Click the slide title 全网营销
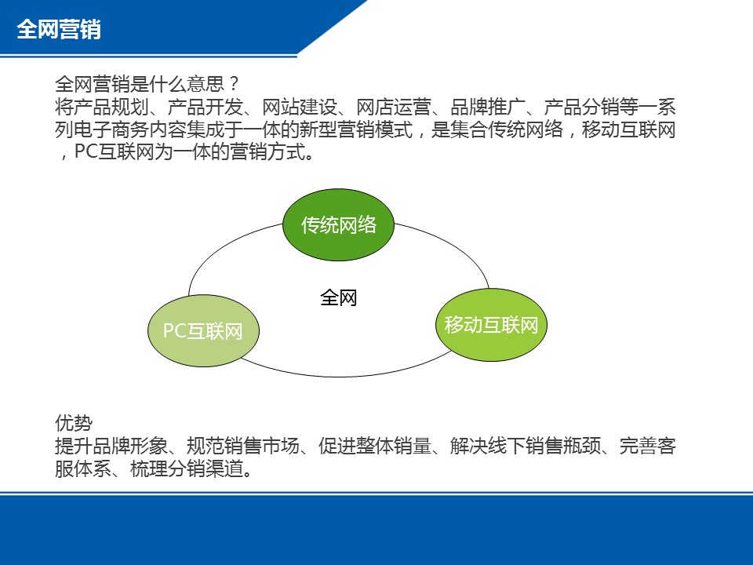(x=59, y=29)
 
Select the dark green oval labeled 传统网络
(x=339, y=225)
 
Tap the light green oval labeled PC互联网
(x=203, y=331)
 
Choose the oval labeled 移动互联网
(x=491, y=325)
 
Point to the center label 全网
(x=339, y=298)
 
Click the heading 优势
(x=74, y=423)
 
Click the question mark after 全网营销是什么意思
(x=234, y=84)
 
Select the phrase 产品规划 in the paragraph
(x=111, y=108)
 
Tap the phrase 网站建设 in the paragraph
(x=300, y=108)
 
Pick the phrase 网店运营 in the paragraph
(x=394, y=108)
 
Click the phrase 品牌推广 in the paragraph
(x=488, y=108)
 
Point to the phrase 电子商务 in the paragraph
(x=111, y=129)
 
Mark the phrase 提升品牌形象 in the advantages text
(x=111, y=446)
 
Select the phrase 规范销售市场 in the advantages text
(x=243, y=446)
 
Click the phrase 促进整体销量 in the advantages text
(x=375, y=446)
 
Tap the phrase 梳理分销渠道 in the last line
(x=187, y=468)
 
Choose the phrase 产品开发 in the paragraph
(x=206, y=108)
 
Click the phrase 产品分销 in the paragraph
(x=582, y=108)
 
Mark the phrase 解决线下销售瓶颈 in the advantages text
(x=526, y=446)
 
